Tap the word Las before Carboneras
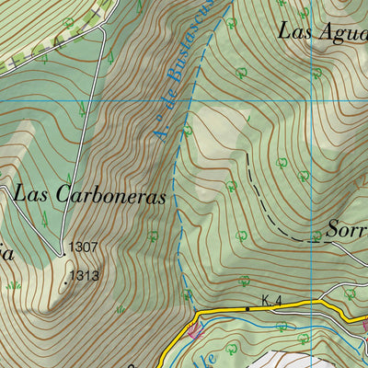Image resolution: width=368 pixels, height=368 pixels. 34,194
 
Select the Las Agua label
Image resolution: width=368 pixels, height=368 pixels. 322,29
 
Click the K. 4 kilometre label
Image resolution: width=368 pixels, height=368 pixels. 270,300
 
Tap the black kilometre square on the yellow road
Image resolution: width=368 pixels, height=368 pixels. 247,309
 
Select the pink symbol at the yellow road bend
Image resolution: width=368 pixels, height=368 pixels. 194,328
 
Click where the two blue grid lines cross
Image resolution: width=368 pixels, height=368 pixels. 313,100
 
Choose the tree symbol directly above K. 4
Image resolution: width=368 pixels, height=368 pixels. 244,281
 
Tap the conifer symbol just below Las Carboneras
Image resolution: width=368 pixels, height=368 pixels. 43,219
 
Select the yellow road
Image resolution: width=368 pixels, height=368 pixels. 276,307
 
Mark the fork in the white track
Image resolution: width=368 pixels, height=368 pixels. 103,27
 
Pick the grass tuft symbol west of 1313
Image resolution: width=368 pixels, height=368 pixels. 13,285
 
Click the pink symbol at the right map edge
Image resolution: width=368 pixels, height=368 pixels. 364,325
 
